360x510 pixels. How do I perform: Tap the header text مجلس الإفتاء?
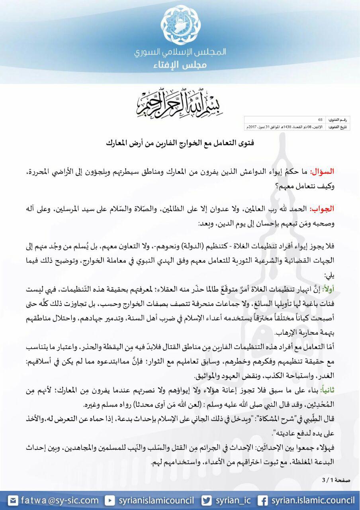[180, 65]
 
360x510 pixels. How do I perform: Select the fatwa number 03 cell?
[321, 120]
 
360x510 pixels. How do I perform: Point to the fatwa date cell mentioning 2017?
[285, 127]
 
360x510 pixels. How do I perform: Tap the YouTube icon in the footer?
[110, 500]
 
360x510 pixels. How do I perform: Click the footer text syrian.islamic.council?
[313, 500]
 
